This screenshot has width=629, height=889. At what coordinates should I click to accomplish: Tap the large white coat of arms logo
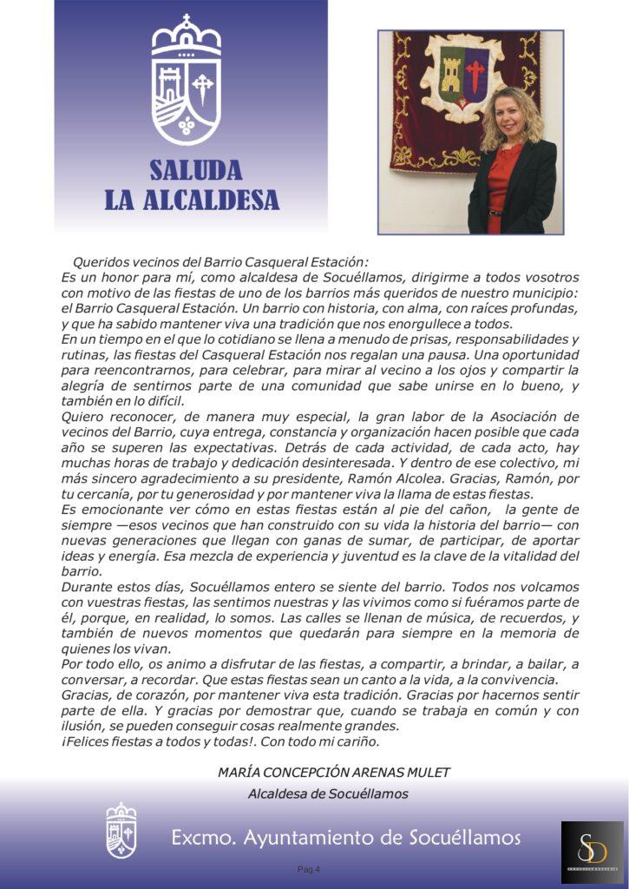click(187, 82)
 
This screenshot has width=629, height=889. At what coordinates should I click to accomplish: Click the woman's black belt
click(495, 210)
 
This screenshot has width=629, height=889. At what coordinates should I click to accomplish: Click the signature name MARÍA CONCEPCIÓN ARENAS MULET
click(334, 772)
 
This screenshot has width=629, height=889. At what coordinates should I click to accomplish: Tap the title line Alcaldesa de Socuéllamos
click(328, 793)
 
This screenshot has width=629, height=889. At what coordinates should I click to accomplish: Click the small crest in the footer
click(121, 831)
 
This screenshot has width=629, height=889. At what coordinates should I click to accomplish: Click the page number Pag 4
click(308, 869)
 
